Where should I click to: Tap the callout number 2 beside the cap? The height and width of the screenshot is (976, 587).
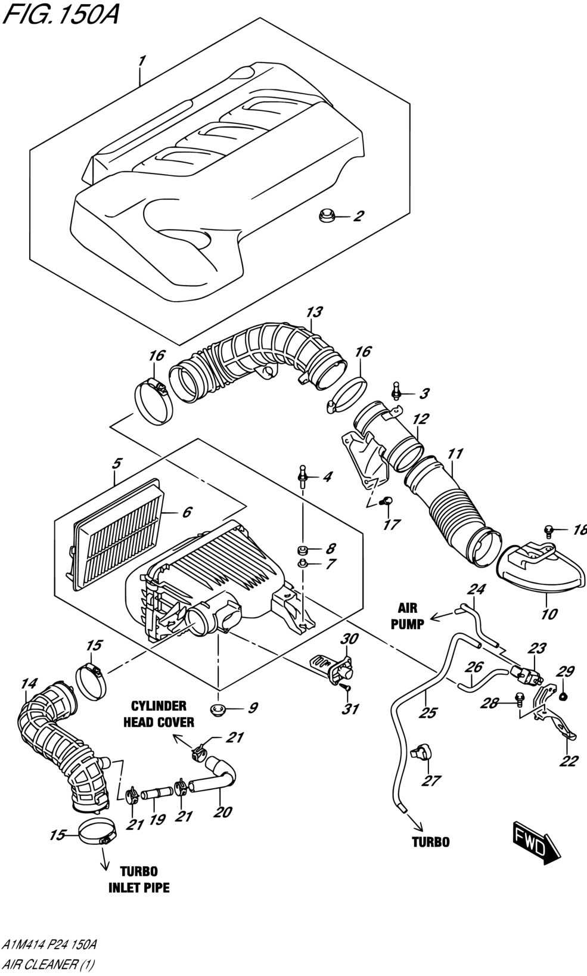[358, 216]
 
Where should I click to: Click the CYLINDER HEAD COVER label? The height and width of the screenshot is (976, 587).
[159, 714]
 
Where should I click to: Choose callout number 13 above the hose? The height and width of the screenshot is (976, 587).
[314, 312]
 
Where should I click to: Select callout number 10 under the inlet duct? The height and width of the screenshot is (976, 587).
[549, 614]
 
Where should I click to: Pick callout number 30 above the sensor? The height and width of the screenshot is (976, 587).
[349, 639]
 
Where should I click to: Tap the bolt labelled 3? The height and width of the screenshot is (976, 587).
[396, 391]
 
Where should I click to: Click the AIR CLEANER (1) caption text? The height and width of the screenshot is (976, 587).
[48, 964]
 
